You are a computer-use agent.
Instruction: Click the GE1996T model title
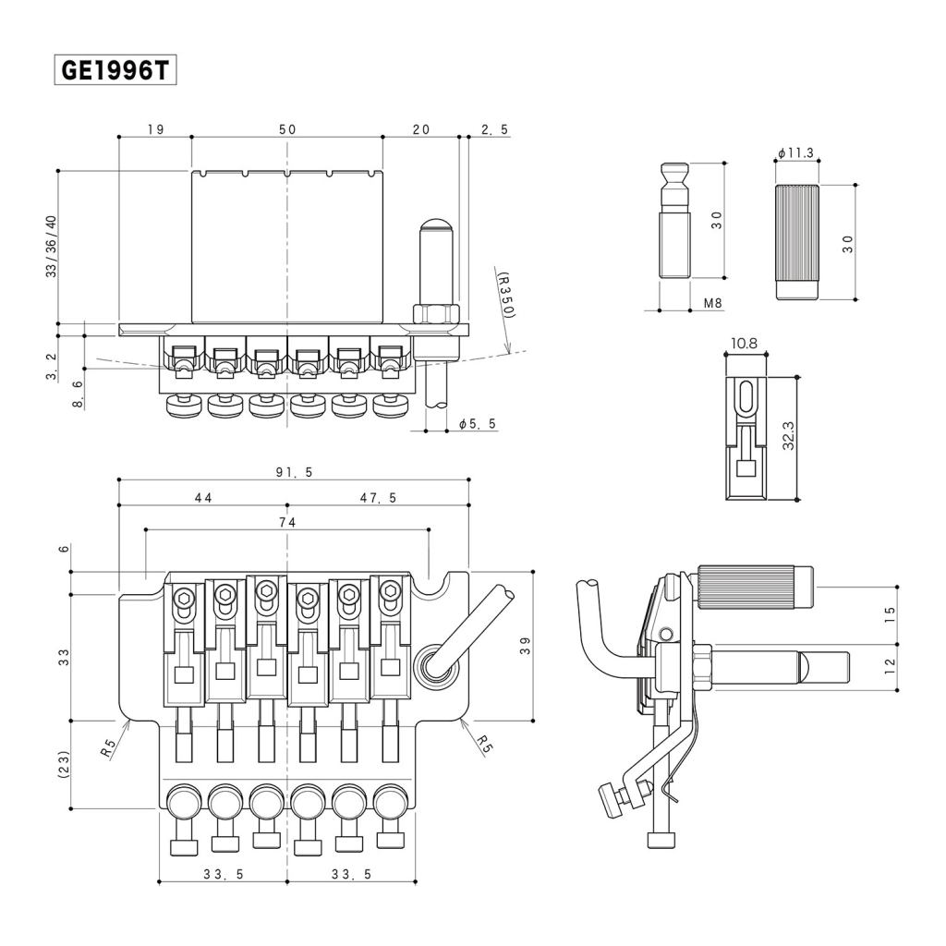click(115, 70)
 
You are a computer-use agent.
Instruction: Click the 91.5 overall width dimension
click(294, 472)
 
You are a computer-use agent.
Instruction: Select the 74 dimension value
click(286, 522)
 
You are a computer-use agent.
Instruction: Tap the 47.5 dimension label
click(379, 498)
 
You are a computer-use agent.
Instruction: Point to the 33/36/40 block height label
click(51, 247)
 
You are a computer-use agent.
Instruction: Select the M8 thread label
click(711, 302)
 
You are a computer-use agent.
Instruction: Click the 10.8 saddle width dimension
click(745, 344)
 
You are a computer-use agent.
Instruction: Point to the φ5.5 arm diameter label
click(478, 423)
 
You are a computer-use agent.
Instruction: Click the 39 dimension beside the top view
click(524, 646)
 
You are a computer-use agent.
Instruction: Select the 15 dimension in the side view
click(890, 614)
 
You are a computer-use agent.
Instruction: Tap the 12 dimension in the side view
click(890, 666)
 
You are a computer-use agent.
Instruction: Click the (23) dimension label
click(63, 764)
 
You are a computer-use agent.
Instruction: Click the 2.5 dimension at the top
click(494, 129)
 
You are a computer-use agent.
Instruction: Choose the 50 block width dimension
click(287, 129)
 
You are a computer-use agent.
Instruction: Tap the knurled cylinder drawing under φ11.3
click(796, 241)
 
